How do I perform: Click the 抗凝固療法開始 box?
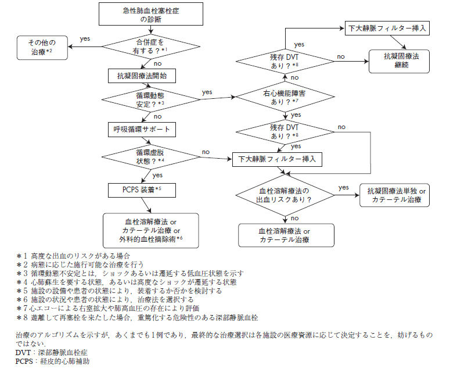[x=141, y=76]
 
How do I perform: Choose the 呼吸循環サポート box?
[x=141, y=128]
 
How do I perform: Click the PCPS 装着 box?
[x=141, y=189]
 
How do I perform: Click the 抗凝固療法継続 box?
[x=399, y=60]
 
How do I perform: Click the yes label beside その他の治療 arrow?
[x=85, y=38]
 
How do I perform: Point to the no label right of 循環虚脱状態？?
[x=206, y=152]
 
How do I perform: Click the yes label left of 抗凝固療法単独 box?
[x=343, y=187]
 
